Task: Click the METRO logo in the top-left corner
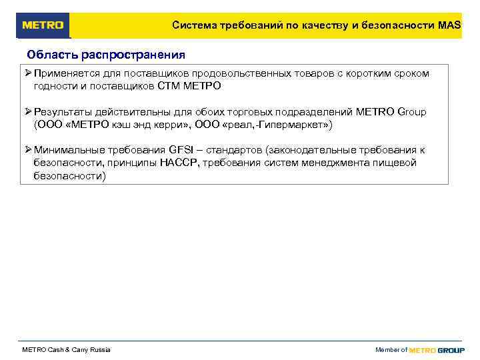pos(43,25)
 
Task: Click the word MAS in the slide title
pos(450,25)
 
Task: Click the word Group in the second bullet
pos(411,112)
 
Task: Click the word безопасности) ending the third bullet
pos(69,176)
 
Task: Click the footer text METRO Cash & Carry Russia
pos(67,350)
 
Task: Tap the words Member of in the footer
pos(391,350)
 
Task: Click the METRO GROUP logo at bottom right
pos(437,350)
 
